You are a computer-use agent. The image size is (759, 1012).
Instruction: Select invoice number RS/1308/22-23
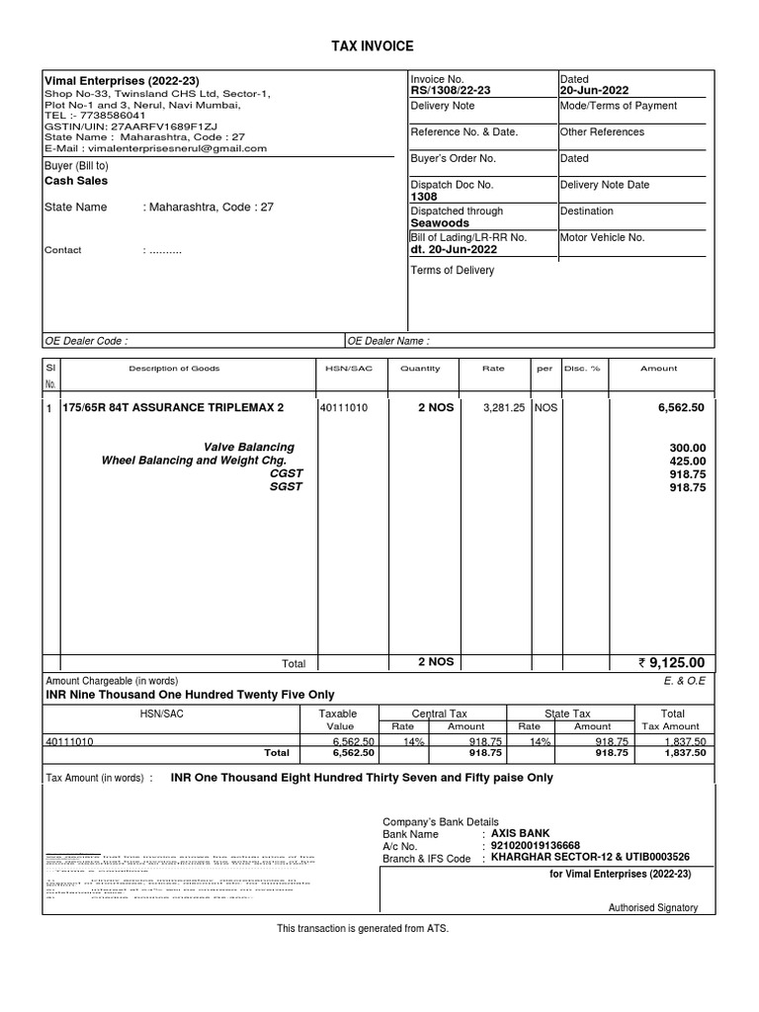(450, 91)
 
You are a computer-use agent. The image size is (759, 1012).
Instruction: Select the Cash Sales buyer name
(76, 182)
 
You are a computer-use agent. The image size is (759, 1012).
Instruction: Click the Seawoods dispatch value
(440, 223)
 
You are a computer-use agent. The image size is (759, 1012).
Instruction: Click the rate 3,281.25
(504, 407)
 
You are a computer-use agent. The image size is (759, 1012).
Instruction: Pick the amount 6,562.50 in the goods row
(682, 407)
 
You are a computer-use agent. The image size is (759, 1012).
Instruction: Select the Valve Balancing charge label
(249, 448)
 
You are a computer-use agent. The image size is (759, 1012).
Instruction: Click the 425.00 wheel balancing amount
(688, 461)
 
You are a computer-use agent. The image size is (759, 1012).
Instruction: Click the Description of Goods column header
(174, 369)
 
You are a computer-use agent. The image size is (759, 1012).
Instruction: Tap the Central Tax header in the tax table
(441, 714)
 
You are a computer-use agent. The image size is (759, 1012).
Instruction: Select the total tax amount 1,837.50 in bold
(684, 753)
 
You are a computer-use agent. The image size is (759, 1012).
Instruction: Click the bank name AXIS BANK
(520, 833)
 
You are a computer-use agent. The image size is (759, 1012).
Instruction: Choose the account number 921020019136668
(538, 846)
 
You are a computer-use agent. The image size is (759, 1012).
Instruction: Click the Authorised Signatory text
(653, 907)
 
